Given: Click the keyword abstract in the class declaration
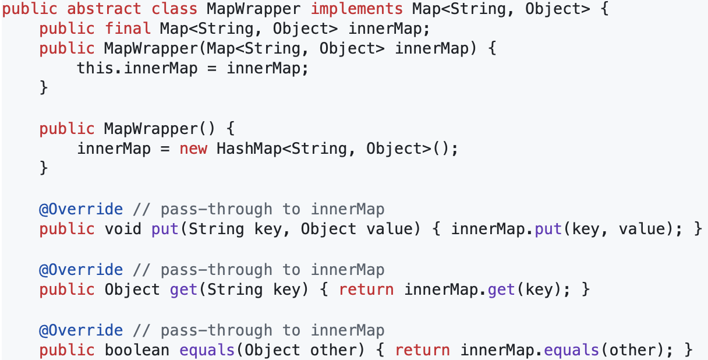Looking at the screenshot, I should (104, 9).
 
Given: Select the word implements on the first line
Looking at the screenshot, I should (356, 9).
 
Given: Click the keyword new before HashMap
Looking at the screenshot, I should (193, 149).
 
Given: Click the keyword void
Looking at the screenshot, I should (123, 229).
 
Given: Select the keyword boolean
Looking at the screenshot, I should (137, 350).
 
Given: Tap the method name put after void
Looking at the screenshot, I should (165, 229).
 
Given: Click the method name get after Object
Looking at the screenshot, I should (183, 290).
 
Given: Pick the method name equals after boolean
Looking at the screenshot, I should (207, 350).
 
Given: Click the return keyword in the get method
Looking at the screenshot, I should (366, 290).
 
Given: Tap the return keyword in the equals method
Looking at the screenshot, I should (422, 350).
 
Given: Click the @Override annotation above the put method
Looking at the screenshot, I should (81, 209).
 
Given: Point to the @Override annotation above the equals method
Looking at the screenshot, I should (81, 330).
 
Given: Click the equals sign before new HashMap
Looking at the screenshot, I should (165, 149).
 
